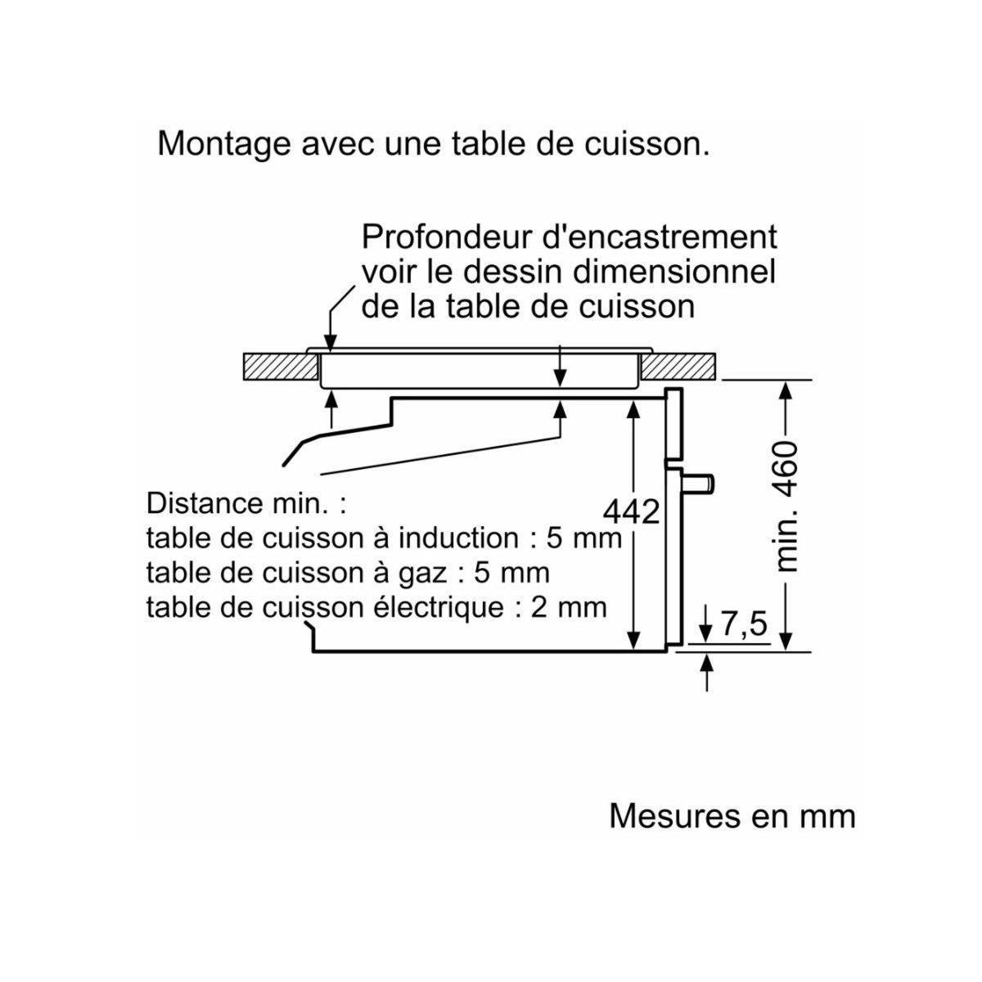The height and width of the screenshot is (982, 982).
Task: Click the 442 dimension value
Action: click(632, 512)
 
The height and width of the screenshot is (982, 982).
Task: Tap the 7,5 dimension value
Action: click(744, 624)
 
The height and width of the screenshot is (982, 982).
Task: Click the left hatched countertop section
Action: click(280, 367)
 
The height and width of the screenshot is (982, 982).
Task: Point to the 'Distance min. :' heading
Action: click(246, 502)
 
